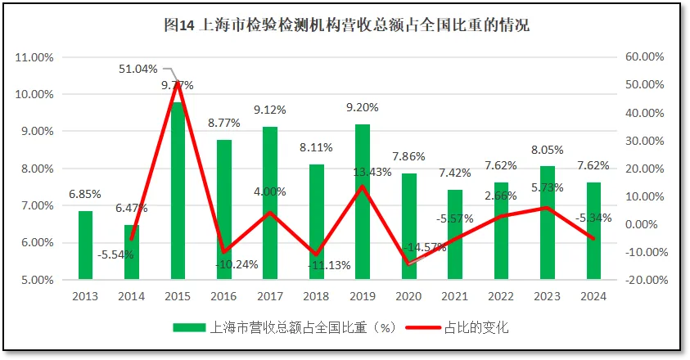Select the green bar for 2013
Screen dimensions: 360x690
[x=85, y=245]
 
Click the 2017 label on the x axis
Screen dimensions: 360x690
[x=270, y=296]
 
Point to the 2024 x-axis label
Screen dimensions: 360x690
[x=593, y=296]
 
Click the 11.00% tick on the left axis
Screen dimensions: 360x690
[x=35, y=58]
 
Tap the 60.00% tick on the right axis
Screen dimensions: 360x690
[x=643, y=57]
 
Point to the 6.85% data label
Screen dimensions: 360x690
[x=84, y=194]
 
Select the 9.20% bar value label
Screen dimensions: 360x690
[x=362, y=107]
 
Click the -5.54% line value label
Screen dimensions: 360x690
[x=115, y=254]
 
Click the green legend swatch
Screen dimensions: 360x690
[x=190, y=327]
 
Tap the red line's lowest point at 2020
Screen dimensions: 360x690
[x=408, y=263]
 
